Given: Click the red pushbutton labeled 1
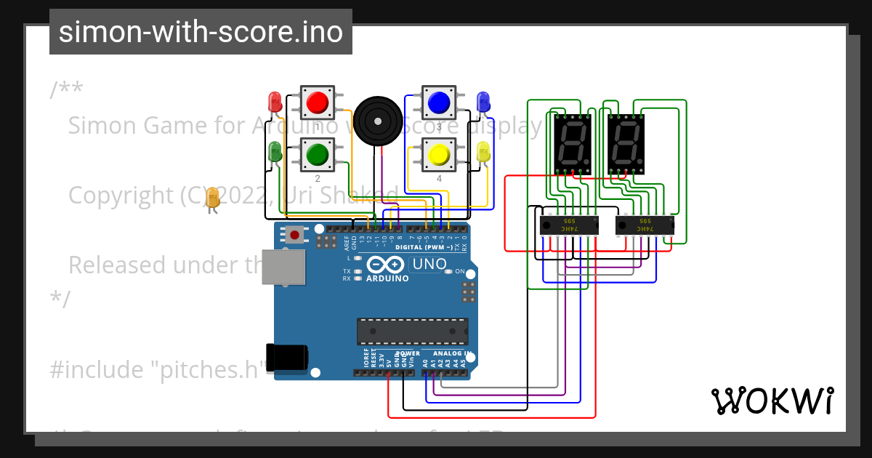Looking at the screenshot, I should coord(317,103).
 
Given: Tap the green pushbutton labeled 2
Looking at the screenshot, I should coord(317,154).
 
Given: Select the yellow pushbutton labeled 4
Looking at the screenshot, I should coord(438,154).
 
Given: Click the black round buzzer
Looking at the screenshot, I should coord(378,121).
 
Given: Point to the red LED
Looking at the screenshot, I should coord(275,102).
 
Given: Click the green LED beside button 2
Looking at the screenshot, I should coord(275,152).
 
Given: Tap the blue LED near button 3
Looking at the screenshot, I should coord(483,102).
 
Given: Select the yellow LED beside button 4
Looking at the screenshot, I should coord(483,152).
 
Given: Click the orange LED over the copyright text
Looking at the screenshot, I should coord(212,198).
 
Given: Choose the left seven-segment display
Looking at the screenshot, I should coord(572,143).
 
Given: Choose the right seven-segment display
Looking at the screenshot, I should coord(626,143).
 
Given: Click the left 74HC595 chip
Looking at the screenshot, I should coord(568,225).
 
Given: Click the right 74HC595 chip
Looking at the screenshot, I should coord(645,225).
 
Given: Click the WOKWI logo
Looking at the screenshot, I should coord(772,401).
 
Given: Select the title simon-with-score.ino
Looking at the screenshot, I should coord(201,32).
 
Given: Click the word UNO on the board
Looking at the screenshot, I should coord(429,264).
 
